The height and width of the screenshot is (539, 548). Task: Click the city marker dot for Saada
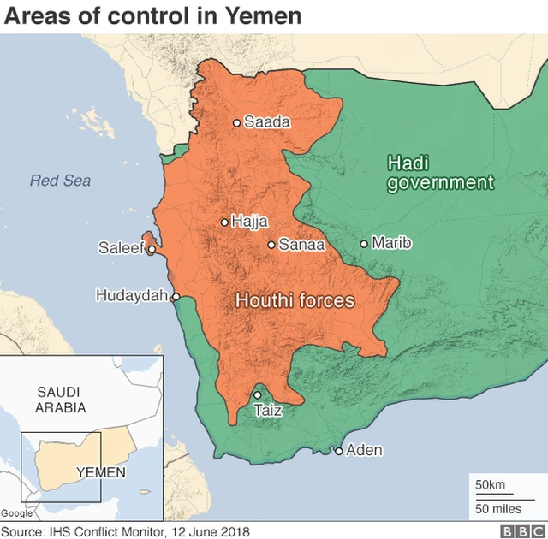[x=237, y=122]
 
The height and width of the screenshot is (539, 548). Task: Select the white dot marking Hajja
[x=225, y=222]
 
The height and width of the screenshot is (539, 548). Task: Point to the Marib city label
[x=391, y=244]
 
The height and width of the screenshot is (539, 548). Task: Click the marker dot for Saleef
[x=152, y=250]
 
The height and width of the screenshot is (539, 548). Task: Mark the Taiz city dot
[x=258, y=395]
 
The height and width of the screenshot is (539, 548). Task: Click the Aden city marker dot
[x=339, y=451]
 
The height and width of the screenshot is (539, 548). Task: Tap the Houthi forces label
[x=295, y=301]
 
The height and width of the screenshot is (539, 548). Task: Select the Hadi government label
[x=440, y=172]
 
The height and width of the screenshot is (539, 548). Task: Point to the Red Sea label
[x=60, y=181]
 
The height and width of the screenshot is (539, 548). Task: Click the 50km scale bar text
[x=491, y=485]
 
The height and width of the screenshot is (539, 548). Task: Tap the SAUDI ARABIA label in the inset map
[x=61, y=400]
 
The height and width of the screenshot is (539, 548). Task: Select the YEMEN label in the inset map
[x=101, y=471]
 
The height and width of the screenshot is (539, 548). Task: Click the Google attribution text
[x=17, y=513]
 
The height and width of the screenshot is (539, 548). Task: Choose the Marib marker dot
[x=364, y=244]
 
